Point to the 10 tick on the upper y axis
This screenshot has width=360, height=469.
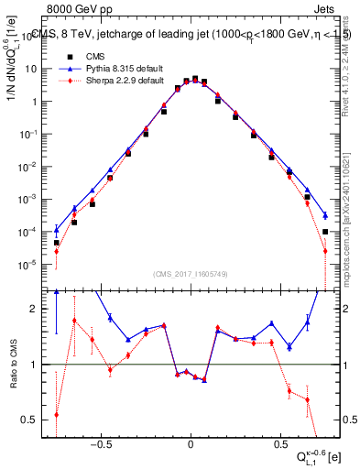36,69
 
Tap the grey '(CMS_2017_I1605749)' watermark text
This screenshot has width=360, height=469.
191,274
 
